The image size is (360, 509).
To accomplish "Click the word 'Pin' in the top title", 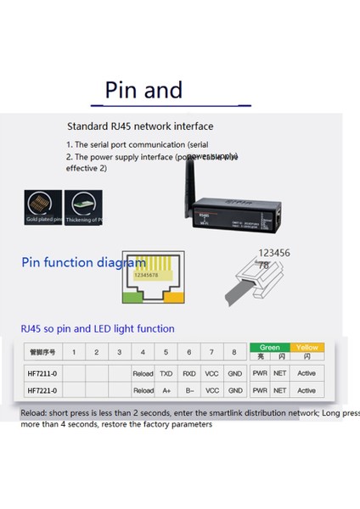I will click(x=122, y=90).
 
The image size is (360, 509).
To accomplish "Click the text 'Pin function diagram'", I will click(x=83, y=263).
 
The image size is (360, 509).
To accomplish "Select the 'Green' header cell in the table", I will click(x=270, y=347).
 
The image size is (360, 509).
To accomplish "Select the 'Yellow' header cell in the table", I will click(x=307, y=347).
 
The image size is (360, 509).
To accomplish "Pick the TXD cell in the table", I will click(x=166, y=372).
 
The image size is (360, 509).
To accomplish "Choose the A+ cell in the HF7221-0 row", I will click(x=166, y=390).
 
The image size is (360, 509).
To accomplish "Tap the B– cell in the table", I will click(x=189, y=390).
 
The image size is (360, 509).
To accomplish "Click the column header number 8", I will click(x=235, y=352).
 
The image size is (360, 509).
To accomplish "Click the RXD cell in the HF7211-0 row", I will click(x=189, y=372).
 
